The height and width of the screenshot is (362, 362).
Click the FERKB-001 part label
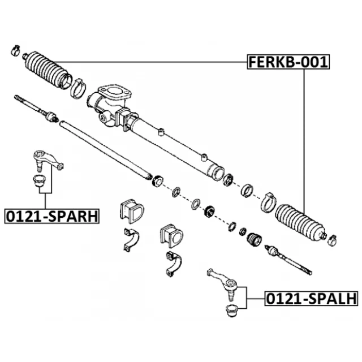click(x=287, y=62)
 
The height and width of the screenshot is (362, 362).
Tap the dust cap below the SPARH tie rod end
click(x=39, y=182)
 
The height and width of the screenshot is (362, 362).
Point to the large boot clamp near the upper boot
click(x=78, y=87)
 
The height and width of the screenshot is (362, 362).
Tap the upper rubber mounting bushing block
click(x=131, y=211)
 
